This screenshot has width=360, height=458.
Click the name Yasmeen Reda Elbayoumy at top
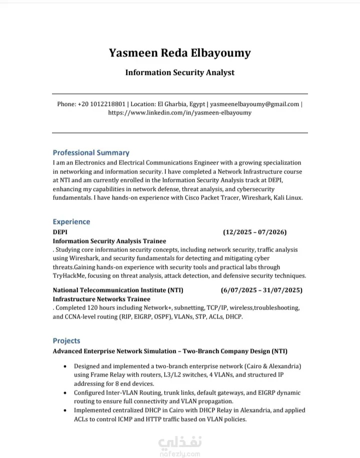click(x=180, y=53)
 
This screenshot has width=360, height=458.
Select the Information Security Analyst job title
click(x=180, y=72)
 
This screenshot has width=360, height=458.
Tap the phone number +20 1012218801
click(x=101, y=104)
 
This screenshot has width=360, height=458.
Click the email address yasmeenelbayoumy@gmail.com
click(x=254, y=104)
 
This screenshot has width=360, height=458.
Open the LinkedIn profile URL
click(x=180, y=113)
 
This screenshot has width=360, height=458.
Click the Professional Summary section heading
click(x=91, y=153)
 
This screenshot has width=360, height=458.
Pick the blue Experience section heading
click(x=71, y=222)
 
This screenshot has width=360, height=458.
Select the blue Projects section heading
click(x=66, y=341)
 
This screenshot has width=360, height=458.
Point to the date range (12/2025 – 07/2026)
click(x=255, y=232)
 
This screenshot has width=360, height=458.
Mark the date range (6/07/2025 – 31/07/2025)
click(x=261, y=290)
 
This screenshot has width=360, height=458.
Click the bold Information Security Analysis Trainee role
click(x=109, y=241)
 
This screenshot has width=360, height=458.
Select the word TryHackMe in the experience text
click(x=70, y=276)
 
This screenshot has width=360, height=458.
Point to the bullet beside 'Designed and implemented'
click(x=66, y=366)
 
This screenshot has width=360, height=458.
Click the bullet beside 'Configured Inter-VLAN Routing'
click(x=66, y=393)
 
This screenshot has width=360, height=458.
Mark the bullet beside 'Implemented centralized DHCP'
click(x=66, y=410)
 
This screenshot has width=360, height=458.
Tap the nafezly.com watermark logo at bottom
click(x=180, y=445)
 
